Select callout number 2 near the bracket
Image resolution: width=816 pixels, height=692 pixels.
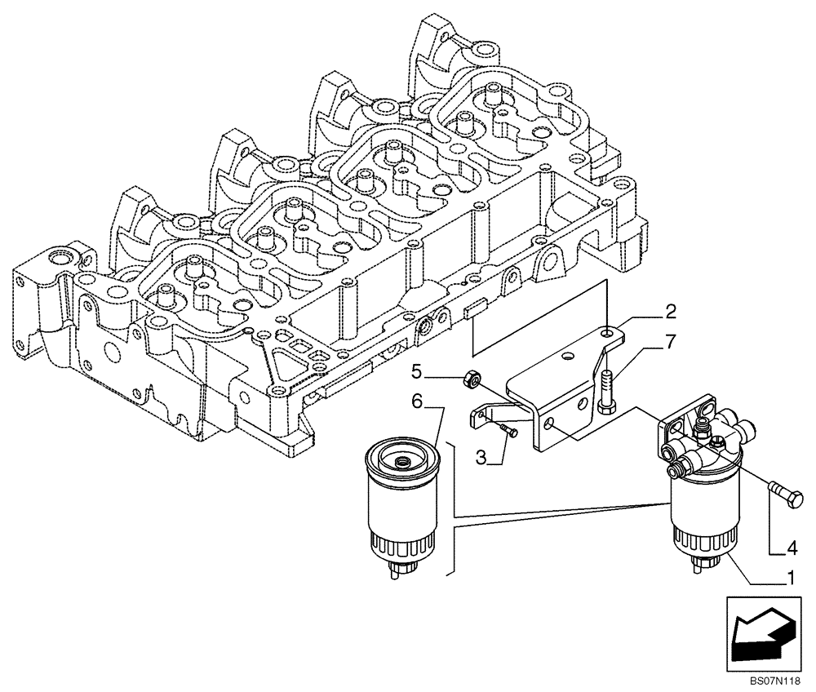point(669,311)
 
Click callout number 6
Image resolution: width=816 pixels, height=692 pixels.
point(416,401)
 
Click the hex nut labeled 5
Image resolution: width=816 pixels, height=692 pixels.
point(471,378)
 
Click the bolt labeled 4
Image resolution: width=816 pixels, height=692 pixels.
point(783,493)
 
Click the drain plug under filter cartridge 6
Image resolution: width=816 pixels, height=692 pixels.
point(397,570)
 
